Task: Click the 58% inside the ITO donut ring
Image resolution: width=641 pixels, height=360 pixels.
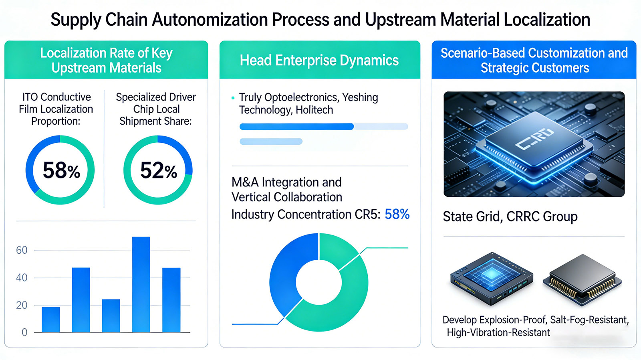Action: (x=61, y=170)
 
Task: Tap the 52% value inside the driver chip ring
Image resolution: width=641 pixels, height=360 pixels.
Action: (x=158, y=170)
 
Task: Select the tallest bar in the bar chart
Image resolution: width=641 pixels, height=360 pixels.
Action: (x=141, y=284)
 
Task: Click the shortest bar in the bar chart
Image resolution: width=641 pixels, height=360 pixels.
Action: (x=51, y=320)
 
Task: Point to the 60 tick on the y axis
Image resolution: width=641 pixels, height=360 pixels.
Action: (x=22, y=251)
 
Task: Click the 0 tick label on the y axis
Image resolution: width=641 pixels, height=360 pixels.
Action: (x=24, y=332)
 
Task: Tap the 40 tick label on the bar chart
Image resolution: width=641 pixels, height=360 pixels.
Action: (x=22, y=278)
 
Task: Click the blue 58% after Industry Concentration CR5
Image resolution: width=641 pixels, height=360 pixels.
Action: (x=397, y=214)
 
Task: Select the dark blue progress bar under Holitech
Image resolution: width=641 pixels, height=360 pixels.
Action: (x=296, y=127)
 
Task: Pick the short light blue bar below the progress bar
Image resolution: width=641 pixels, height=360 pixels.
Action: (x=271, y=142)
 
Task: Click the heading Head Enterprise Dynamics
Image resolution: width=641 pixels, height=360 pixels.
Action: (x=319, y=61)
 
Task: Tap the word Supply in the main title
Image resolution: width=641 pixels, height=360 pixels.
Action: (x=75, y=20)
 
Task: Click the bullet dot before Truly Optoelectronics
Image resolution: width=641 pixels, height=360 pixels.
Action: (x=233, y=98)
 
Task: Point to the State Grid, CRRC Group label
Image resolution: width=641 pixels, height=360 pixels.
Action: (x=510, y=217)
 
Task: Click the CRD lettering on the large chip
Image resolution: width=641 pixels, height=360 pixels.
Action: (x=534, y=138)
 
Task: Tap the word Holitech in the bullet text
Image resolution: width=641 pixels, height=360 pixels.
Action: (x=314, y=110)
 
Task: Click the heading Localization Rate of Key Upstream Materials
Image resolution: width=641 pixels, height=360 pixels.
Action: (x=106, y=61)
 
